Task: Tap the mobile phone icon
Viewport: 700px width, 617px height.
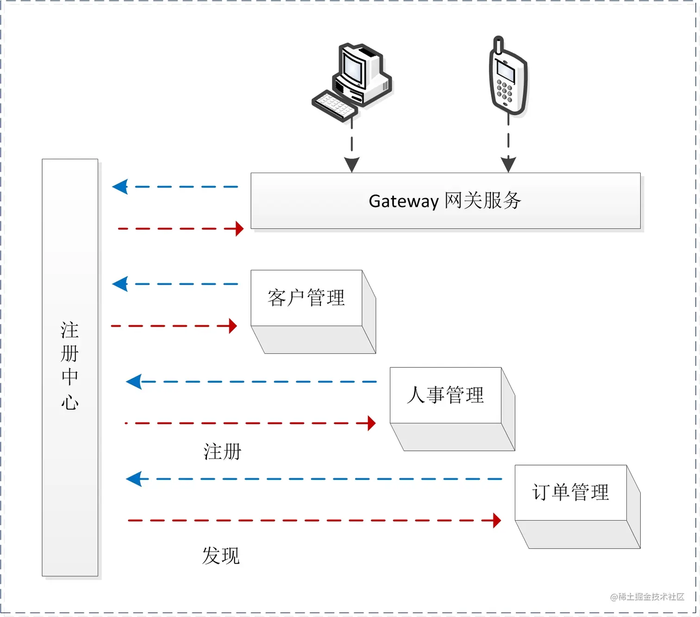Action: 508,79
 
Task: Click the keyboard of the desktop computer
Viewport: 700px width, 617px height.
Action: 334,106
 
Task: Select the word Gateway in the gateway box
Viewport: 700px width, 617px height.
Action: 403,201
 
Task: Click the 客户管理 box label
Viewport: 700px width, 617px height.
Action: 306,298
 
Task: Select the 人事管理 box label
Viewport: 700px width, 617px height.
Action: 445,395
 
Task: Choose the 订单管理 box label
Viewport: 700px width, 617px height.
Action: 570,492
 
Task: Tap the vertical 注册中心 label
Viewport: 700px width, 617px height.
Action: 70,366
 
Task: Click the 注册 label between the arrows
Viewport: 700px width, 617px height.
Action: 223,452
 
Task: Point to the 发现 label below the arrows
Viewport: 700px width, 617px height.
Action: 221,556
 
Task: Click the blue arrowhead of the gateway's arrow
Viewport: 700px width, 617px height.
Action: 120,187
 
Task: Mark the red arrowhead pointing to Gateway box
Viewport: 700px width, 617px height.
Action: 239,229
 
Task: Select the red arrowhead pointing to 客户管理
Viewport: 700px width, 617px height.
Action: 233,326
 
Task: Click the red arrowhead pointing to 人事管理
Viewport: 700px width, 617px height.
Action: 371,423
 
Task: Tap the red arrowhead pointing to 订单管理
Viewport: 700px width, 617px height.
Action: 497,521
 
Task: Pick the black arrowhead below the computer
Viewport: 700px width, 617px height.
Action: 352,165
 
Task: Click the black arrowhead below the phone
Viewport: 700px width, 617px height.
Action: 508,164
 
